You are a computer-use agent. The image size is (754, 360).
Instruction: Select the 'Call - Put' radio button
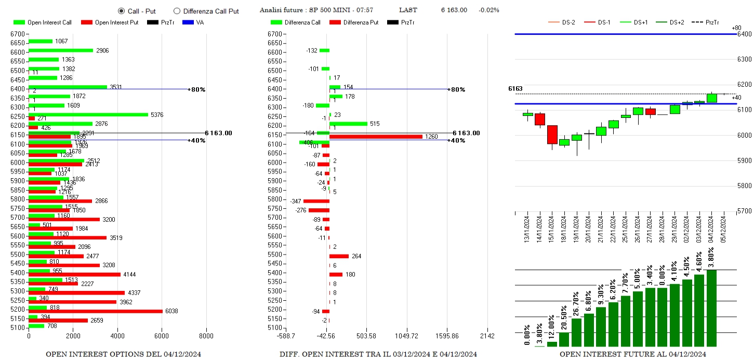(x=121, y=11)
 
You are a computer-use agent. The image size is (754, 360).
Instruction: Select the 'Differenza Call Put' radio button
(x=177, y=11)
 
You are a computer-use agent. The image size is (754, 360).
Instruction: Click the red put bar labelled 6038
(x=95, y=311)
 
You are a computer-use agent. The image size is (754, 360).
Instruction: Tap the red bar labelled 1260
(x=376, y=137)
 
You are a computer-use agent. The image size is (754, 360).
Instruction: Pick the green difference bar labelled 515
(x=348, y=124)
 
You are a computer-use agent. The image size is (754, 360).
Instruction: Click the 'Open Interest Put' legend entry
(x=110, y=22)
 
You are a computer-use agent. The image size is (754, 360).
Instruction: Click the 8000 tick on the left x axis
(x=206, y=336)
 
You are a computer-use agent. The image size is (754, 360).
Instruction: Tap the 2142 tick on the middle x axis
(x=487, y=336)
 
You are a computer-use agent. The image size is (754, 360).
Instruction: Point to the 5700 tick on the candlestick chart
(x=745, y=211)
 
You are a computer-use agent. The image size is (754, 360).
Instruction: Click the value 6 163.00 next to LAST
(x=454, y=10)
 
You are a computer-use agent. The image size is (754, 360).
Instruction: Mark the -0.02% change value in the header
(x=488, y=10)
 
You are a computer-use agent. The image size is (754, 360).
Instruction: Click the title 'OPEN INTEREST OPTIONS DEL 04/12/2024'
(x=123, y=354)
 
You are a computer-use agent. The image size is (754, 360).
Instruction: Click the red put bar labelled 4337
(x=77, y=293)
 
